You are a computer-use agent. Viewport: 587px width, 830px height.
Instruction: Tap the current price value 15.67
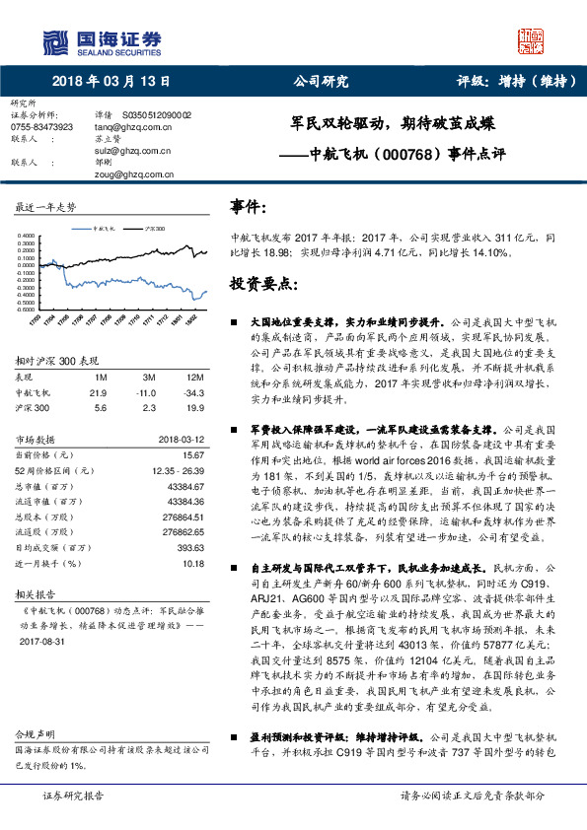coord(192,454)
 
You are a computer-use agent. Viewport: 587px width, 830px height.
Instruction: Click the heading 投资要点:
coord(264,284)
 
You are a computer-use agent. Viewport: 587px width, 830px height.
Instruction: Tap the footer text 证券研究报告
coord(73,795)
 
